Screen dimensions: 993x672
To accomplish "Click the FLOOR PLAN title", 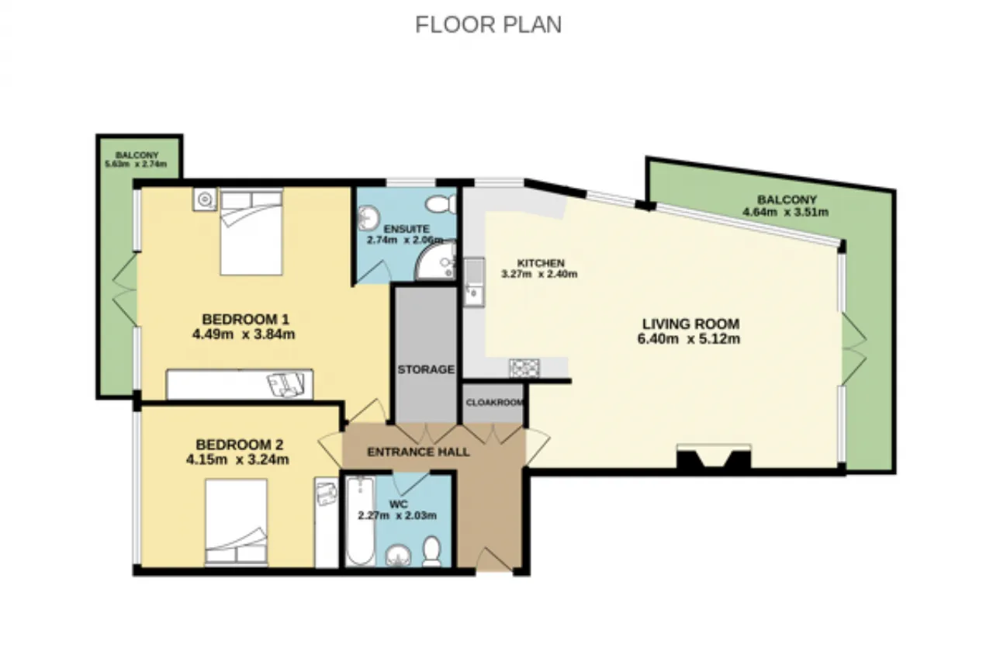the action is (489, 25).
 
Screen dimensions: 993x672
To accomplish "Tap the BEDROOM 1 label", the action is (246, 319).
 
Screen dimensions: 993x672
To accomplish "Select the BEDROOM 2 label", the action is (240, 445).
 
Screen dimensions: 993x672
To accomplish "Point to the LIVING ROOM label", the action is (691, 324).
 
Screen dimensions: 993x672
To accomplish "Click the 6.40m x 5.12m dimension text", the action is (689, 339).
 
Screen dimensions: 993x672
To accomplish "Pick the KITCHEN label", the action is (541, 263).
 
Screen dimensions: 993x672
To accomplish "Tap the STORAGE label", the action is (426, 369).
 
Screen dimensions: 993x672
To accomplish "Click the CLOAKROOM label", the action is (494, 403).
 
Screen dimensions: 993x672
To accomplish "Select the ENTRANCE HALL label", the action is (418, 452).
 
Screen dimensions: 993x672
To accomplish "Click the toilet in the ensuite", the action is (441, 204).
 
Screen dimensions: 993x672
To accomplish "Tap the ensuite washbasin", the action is (368, 217).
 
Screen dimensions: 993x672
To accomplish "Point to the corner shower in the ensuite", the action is (436, 262).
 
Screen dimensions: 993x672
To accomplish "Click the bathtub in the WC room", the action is (360, 521).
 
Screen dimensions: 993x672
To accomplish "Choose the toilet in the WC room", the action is (431, 552).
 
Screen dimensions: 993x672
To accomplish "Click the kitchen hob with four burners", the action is (524, 368).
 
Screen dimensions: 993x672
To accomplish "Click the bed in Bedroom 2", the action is (237, 522).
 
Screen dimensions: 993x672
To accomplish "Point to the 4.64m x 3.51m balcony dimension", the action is (786, 213).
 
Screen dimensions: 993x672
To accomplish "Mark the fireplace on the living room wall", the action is (714, 456).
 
